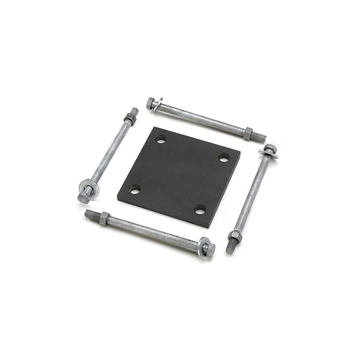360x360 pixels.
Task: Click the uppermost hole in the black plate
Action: point(161,140)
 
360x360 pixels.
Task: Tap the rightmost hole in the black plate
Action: point(224,157)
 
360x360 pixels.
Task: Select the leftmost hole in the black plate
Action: point(135,190)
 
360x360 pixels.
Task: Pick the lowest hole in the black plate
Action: point(200,209)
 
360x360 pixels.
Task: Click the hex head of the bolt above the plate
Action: point(151,103)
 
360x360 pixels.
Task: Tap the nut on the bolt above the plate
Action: point(248,133)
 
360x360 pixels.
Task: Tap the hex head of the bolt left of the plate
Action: point(84,196)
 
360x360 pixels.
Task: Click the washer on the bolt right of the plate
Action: point(268,152)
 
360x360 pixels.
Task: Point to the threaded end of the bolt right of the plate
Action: point(230,247)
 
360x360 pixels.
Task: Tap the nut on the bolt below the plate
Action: point(104,218)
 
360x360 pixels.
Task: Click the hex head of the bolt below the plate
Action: point(210,250)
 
